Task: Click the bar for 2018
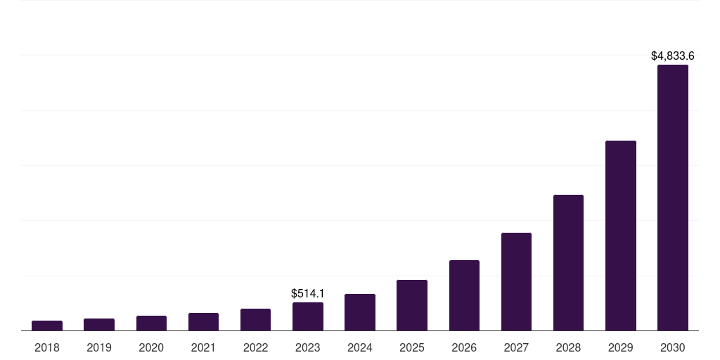(x=47, y=326)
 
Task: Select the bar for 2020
(x=151, y=323)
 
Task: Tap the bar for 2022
(x=255, y=320)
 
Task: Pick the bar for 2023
(x=308, y=316)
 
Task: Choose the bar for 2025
(x=412, y=305)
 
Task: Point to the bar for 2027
(x=516, y=281)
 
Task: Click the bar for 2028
(x=568, y=262)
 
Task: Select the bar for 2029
(x=620, y=236)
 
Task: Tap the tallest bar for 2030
(x=673, y=198)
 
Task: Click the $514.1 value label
(x=308, y=293)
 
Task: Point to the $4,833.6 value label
(x=673, y=56)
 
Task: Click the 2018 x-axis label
(x=47, y=347)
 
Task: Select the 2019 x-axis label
(x=99, y=347)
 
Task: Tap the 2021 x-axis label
(x=203, y=347)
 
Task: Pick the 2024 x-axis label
(x=360, y=347)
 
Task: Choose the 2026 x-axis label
(x=464, y=347)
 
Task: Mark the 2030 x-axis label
(x=673, y=347)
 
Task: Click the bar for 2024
(x=360, y=312)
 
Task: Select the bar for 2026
(x=464, y=295)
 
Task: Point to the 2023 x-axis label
(x=308, y=347)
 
